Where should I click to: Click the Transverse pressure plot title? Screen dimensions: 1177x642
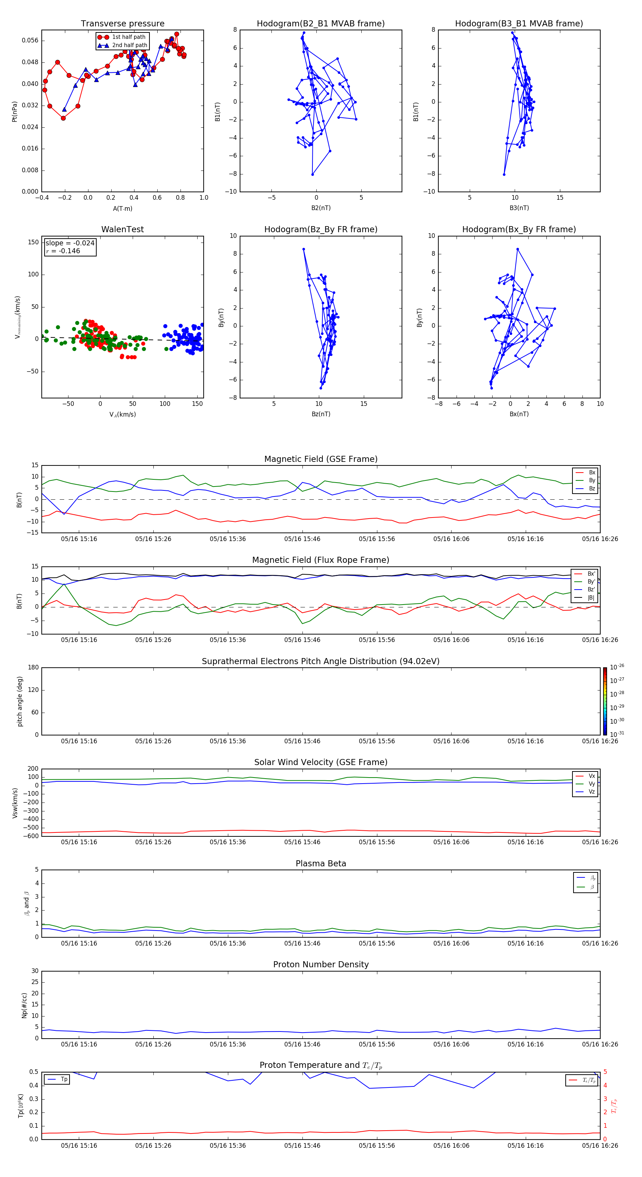click(x=122, y=24)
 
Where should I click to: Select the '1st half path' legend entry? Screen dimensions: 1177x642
click(x=128, y=37)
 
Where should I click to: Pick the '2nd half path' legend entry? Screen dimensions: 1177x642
click(x=129, y=45)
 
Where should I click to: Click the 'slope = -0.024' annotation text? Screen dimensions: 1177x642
click(x=70, y=243)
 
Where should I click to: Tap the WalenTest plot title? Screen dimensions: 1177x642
click(x=122, y=229)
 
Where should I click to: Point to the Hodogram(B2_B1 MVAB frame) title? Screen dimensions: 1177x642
click(x=320, y=24)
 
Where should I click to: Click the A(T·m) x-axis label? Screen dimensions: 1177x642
click(x=122, y=208)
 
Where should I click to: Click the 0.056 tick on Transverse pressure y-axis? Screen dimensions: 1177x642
click(x=30, y=41)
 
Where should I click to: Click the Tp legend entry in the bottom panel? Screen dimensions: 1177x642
click(x=64, y=1079)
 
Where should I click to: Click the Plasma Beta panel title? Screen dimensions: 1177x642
click(x=320, y=863)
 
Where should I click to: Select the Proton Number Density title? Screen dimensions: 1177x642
click(x=320, y=964)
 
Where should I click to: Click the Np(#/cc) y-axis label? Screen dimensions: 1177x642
click(x=24, y=1005)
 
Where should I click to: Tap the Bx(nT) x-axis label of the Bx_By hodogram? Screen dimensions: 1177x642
click(x=519, y=414)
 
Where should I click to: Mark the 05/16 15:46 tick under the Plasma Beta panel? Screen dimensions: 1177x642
click(x=302, y=943)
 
